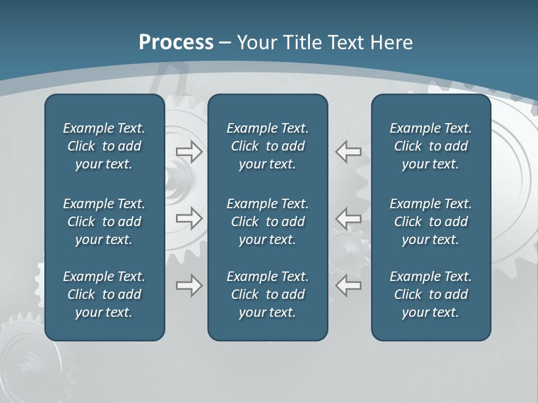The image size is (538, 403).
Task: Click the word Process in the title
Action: pos(176,43)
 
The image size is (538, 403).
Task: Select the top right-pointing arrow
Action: pos(189,152)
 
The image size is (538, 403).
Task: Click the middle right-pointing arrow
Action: pos(189,218)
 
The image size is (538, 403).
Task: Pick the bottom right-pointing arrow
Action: pos(189,285)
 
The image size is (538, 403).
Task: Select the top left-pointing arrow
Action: pos(348,152)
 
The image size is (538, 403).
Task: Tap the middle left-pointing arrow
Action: pos(348,218)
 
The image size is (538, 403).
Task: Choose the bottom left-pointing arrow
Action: pos(348,285)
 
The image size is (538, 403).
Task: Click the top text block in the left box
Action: pos(104,146)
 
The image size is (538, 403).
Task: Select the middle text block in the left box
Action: pos(104,222)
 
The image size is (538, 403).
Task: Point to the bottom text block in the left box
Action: pos(104,294)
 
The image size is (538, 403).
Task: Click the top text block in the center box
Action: pos(267,146)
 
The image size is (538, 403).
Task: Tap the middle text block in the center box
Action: pos(267,222)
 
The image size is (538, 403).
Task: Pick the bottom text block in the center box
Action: pos(267,294)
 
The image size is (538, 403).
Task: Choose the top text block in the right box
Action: pos(430,146)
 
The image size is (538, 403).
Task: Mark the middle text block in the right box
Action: pos(430,222)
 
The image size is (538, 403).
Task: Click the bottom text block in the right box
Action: pos(430,294)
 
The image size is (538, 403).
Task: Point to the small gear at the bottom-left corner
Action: pos(28,358)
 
